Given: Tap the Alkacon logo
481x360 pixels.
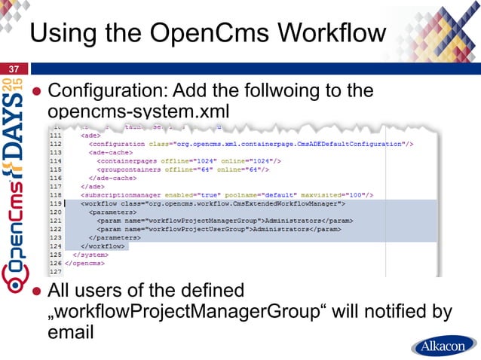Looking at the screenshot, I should pos(443,346).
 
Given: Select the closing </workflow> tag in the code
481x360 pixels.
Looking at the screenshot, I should pos(102,246).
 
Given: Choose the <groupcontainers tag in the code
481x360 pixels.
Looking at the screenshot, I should pos(130,169).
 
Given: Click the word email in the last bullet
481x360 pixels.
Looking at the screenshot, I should pos(71,331).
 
